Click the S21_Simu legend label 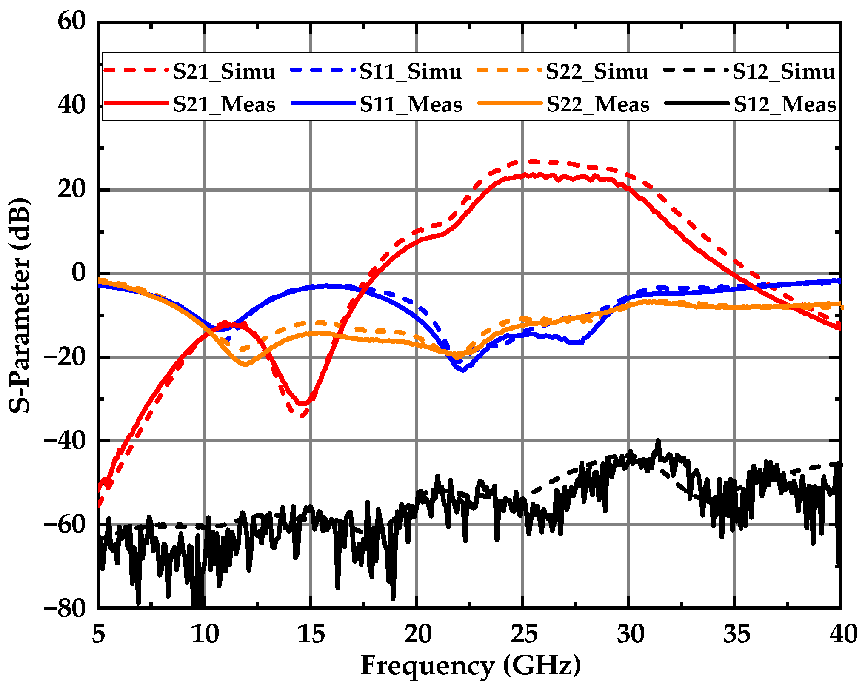pos(224,71)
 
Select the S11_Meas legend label pos(411,105)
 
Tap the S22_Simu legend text pos(597,71)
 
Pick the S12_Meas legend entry pos(785,105)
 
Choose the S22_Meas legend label pos(598,105)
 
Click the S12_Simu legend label pos(784,71)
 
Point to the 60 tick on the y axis pos(71,21)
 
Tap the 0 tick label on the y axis pos(78,273)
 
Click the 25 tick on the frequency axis pos(524,634)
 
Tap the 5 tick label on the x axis pos(98,634)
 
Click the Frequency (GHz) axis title pos(471,666)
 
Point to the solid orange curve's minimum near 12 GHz pos(246,365)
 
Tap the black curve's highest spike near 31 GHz pos(658,441)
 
